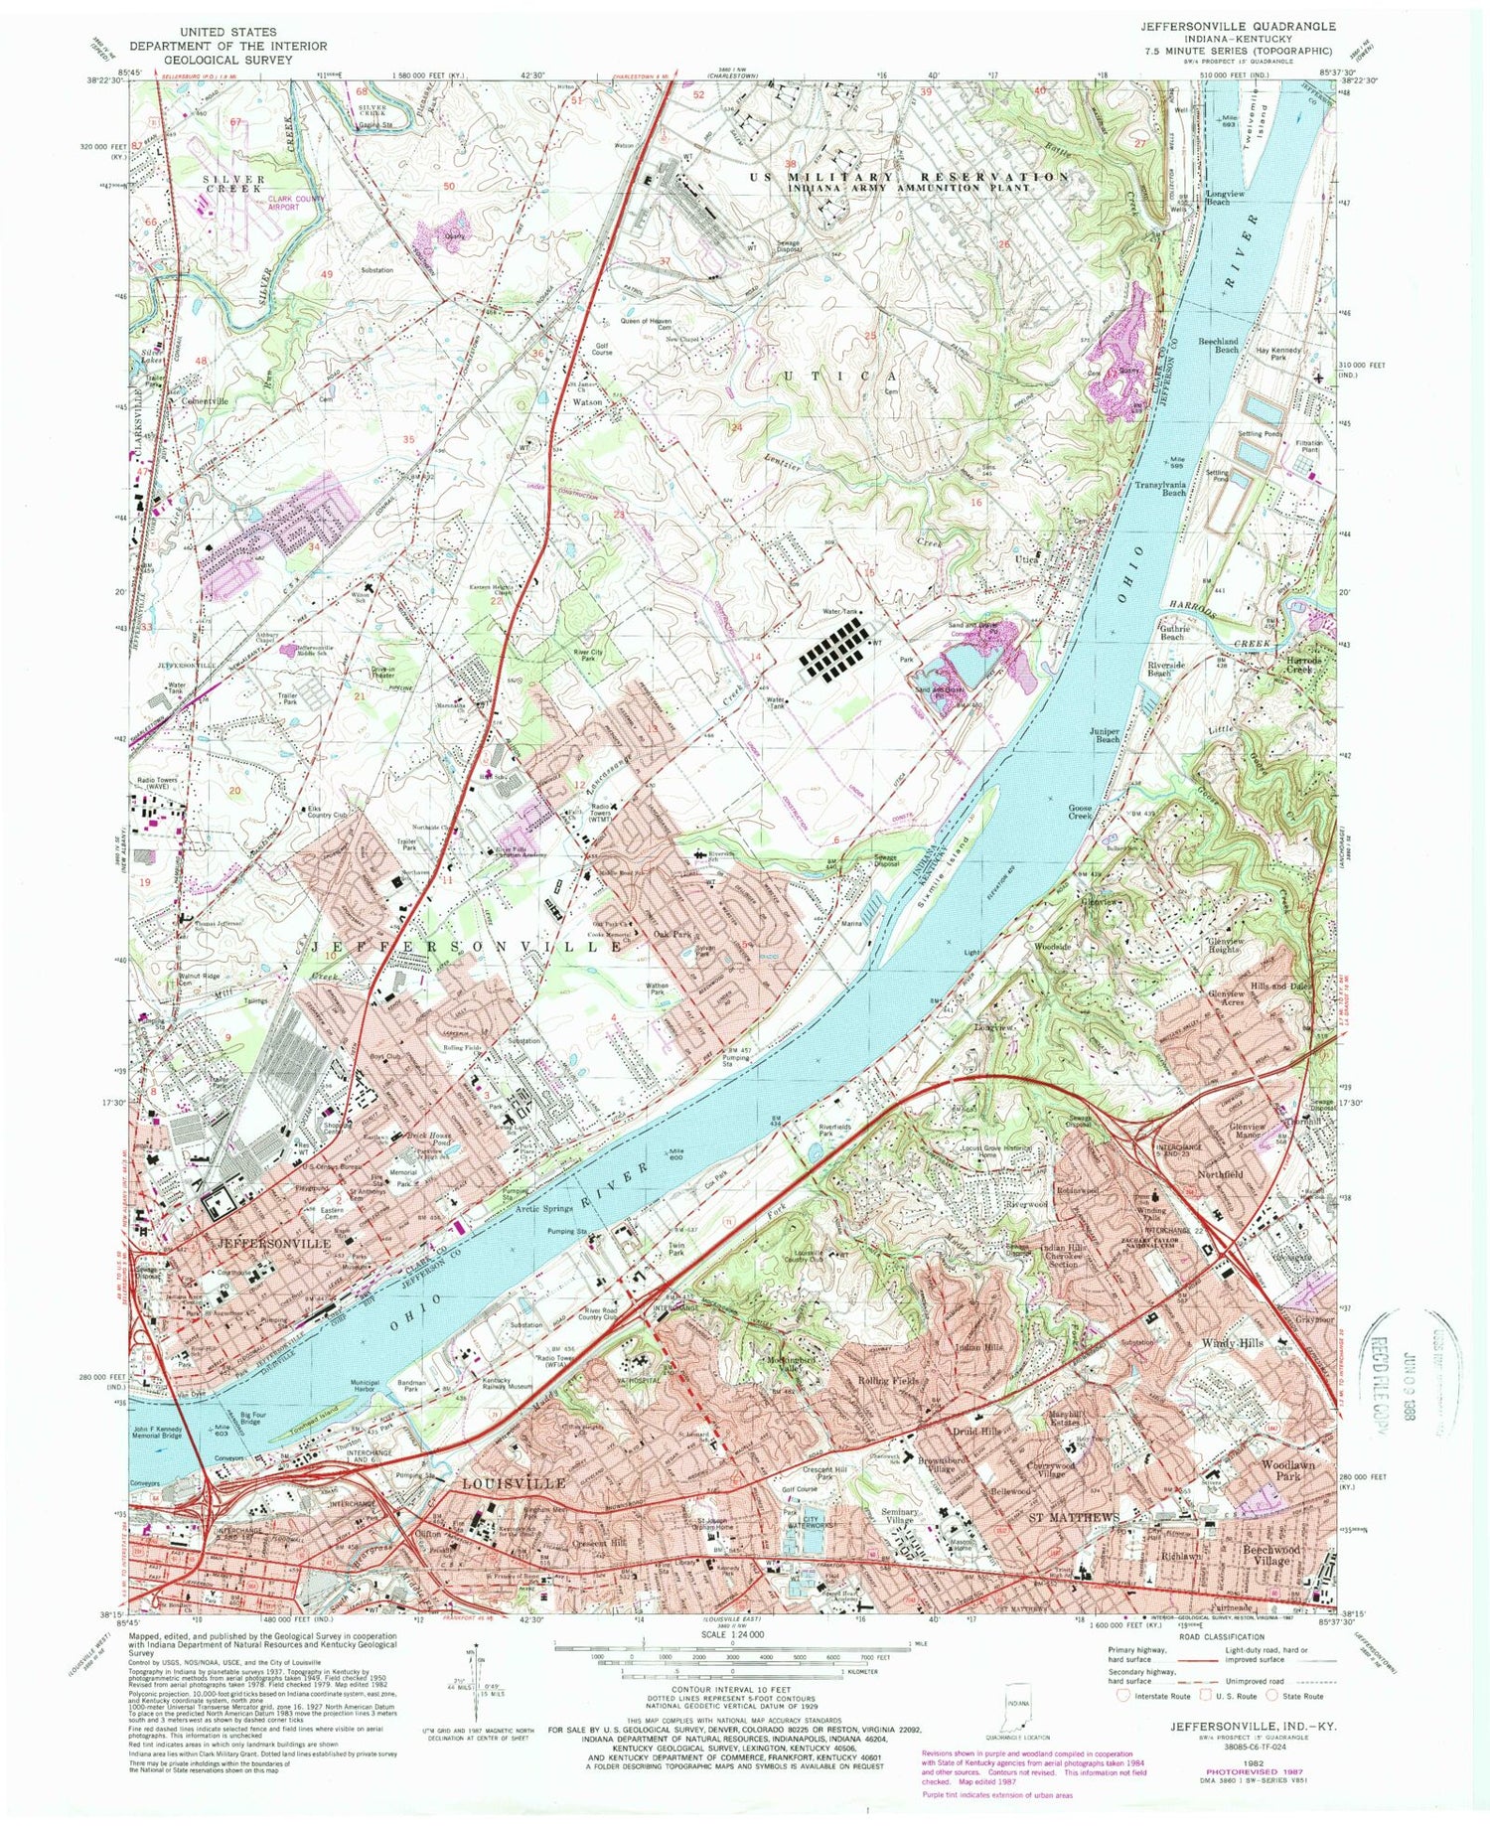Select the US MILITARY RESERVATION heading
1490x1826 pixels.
click(x=909, y=176)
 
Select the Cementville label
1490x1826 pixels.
click(x=205, y=401)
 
